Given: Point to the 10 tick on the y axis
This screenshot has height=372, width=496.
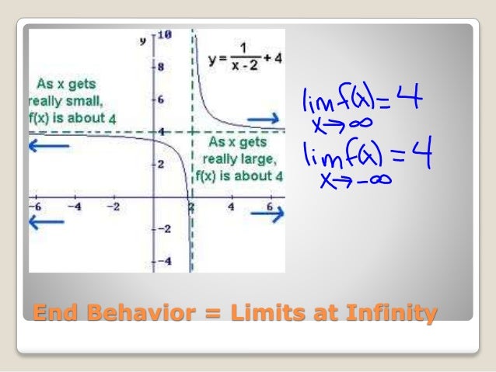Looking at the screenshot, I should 165,35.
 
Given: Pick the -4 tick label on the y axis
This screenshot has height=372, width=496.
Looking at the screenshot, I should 165,261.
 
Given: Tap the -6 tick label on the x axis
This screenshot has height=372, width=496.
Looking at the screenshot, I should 35,207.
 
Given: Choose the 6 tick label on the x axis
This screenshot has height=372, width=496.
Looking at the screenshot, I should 271,207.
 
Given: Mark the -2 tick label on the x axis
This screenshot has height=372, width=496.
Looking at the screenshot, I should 113,207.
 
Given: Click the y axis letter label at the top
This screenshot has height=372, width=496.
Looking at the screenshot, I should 142,39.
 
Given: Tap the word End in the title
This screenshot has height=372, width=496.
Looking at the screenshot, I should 51,314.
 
